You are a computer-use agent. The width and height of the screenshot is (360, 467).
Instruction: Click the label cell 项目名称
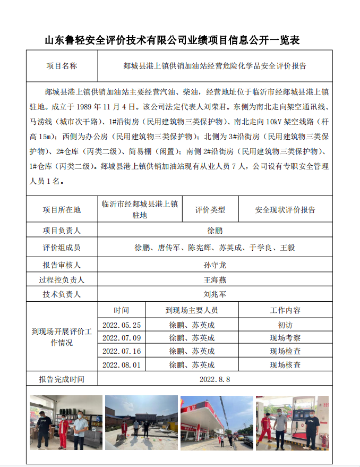coord(62,66)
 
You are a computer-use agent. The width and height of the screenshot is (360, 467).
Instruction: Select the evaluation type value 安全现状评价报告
coord(285,210)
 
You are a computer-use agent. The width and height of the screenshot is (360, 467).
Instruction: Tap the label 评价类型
coord(210,210)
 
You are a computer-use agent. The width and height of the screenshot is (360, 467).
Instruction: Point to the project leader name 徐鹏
coord(215,231)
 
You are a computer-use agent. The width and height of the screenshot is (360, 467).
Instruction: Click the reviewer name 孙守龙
coord(215,265)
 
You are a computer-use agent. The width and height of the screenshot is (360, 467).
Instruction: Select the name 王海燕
coord(215,280)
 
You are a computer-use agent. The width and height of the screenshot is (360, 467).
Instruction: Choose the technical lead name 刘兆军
coord(215,294)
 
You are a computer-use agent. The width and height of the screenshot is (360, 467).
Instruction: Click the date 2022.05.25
coord(122,325)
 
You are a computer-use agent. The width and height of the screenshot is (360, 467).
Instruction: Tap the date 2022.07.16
coord(122,351)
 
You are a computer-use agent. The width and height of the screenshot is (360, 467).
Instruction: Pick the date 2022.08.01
coord(122,365)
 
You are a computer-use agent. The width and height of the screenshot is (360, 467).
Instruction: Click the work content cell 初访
coord(285,325)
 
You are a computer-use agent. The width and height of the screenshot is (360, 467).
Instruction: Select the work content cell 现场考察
coord(285,338)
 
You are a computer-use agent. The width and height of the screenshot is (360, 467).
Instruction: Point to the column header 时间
coord(121,310)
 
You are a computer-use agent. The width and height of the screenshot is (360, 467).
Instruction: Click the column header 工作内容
coord(285,310)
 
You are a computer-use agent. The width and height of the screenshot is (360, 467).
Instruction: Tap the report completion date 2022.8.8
coord(215,379)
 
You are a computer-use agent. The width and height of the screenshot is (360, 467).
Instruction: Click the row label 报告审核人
coord(62,265)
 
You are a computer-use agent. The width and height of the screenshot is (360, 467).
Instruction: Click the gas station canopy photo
coord(216,422)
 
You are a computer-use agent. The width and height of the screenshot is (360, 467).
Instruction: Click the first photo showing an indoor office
coord(66,422)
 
